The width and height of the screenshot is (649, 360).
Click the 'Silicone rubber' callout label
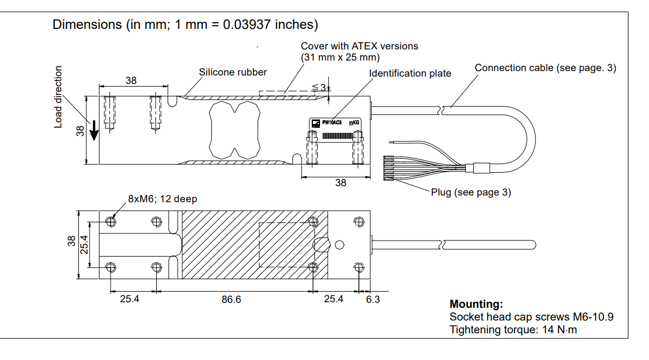(233, 72)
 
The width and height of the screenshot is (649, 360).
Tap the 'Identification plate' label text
(410, 73)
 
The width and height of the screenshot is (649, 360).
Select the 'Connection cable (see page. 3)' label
(545, 68)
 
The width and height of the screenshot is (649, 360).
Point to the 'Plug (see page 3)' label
(471, 192)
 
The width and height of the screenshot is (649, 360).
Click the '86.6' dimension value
(231, 299)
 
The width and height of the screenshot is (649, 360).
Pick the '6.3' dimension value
(373, 299)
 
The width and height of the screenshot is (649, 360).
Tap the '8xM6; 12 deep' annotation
(162, 199)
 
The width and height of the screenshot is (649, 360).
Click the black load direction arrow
(95, 131)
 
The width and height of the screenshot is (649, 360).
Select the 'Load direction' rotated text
(58, 97)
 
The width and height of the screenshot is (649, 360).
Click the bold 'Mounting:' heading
(476, 304)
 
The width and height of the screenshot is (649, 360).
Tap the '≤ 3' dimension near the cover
(319, 87)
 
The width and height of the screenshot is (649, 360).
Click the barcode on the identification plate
(335, 136)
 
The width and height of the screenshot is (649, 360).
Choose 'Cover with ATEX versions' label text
(360, 46)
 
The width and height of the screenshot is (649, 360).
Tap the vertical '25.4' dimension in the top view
(84, 244)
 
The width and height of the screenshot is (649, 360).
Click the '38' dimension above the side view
(131, 81)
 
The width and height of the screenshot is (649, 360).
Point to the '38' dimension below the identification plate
(341, 183)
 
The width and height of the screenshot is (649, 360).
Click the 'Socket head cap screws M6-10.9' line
(531, 317)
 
